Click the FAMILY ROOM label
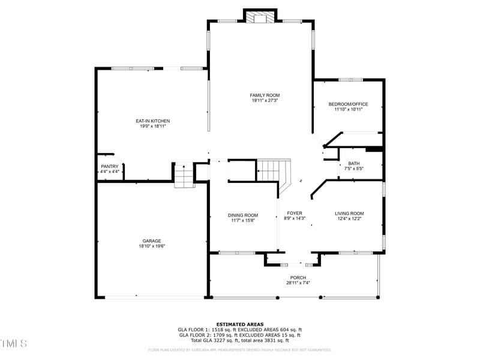click(x=265, y=95)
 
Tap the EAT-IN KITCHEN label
click(x=152, y=121)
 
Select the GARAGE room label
click(x=151, y=241)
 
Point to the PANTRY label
click(x=109, y=166)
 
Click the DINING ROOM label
click(x=243, y=215)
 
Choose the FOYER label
click(x=295, y=213)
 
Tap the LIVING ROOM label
click(x=349, y=213)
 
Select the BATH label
click(x=353, y=163)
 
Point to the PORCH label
click(x=298, y=277)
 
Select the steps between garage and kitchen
click(x=184, y=176)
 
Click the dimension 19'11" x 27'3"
click(x=265, y=101)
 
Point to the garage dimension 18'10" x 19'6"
click(x=151, y=246)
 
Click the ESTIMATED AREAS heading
click(x=239, y=324)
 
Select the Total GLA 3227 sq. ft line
click(x=239, y=340)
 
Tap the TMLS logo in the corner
click(x=13, y=344)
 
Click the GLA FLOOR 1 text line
click(x=239, y=329)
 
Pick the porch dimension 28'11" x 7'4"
click(x=298, y=283)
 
